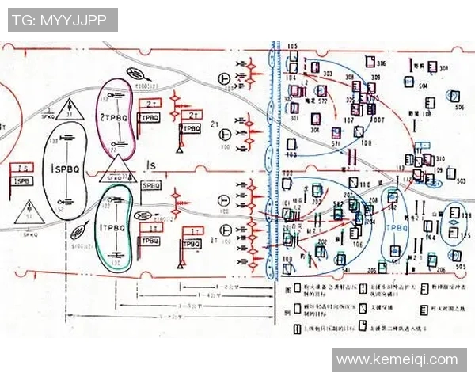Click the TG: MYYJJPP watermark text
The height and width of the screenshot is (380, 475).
(63, 20)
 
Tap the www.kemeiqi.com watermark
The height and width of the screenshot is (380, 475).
(397, 360)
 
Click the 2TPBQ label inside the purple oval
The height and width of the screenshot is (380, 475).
(115, 116)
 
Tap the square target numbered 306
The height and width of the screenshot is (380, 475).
(369, 61)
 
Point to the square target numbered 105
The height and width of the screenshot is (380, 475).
(292, 57)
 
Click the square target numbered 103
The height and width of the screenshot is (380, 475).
(291, 143)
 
